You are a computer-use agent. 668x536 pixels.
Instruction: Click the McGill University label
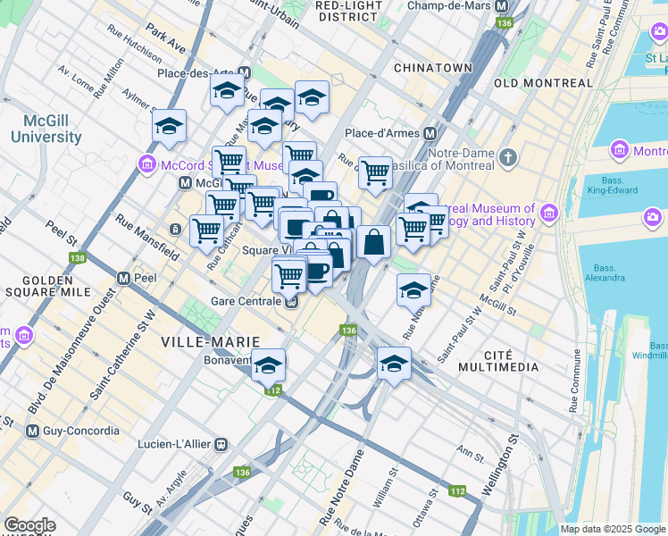click(46, 129)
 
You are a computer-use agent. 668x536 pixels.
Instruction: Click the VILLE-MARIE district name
click(197, 342)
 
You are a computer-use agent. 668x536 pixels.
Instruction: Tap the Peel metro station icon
click(123, 278)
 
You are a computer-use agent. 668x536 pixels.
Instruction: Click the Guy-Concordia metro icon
click(33, 431)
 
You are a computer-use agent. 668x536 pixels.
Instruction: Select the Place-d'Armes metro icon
click(430, 133)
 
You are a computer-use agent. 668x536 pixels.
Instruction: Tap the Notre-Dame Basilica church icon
click(508, 157)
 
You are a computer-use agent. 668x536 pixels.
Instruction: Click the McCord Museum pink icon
click(147, 164)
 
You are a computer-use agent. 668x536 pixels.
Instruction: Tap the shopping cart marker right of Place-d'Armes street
click(376, 172)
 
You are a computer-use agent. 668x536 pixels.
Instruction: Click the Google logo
click(29, 526)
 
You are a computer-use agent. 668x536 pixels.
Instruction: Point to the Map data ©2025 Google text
click(612, 529)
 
